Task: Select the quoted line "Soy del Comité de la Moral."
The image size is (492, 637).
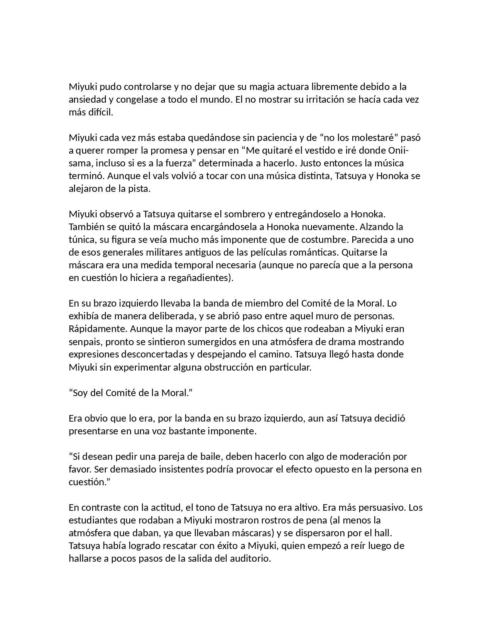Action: point(130,393)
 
